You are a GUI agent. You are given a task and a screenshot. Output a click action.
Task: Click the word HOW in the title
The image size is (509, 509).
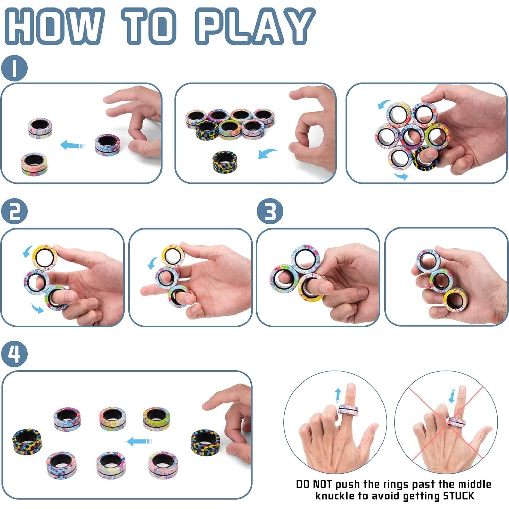pos(54,27)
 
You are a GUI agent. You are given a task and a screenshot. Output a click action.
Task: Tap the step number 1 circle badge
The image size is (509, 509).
pos(14,68)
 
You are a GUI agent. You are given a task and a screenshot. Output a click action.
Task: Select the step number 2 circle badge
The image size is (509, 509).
pos(14,211)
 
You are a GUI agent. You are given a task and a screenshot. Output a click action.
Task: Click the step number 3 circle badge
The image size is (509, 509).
pos(270,211)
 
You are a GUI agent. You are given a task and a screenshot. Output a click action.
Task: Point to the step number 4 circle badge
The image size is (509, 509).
pos(14,354)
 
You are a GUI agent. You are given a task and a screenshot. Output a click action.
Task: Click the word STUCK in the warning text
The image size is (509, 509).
pos(458,496)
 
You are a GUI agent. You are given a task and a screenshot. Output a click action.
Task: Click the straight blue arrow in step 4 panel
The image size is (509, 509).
pos(139,442)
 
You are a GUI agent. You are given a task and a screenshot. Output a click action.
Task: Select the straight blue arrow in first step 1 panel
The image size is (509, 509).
pos(72,146)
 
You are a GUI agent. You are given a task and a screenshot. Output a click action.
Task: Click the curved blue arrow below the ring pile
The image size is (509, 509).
pos(267,153)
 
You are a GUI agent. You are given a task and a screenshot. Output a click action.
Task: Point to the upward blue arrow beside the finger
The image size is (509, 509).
pos(338,395)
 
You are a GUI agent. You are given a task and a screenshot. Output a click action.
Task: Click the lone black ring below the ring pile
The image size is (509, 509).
pos(224,162)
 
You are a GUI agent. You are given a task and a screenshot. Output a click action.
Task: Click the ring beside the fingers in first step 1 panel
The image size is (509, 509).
pos(107,145)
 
